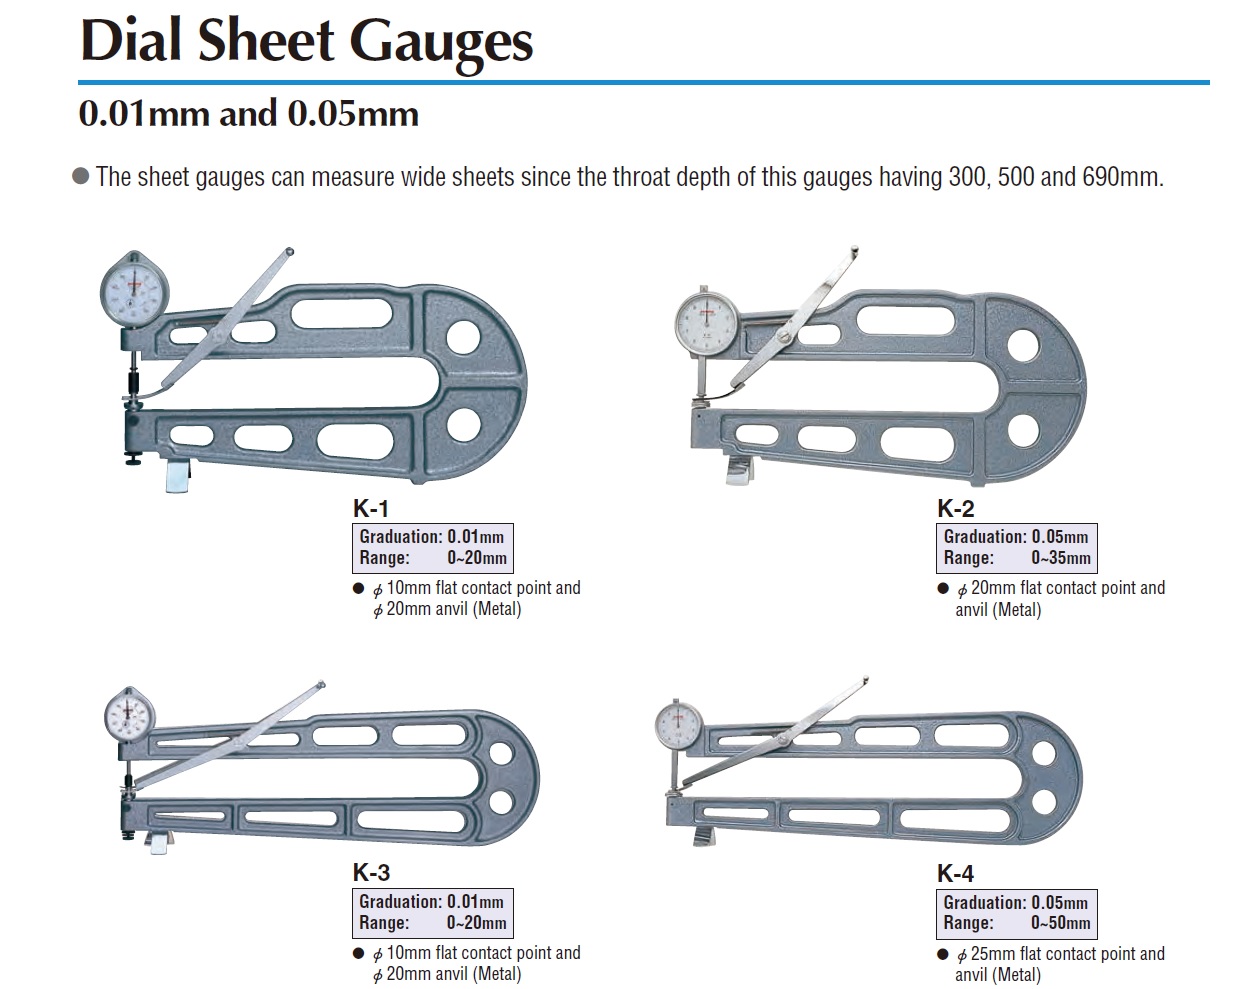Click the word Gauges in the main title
[441, 44]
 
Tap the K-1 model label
[371, 508]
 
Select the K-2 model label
[955, 508]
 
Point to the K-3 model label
[371, 872]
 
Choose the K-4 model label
[955, 873]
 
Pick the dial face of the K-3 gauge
[130, 716]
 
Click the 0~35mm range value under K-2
[1061, 558]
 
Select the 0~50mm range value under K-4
[1061, 923]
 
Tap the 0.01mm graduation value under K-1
[475, 537]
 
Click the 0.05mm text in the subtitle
[353, 114]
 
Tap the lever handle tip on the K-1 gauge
[289, 252]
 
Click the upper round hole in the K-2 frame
[1024, 346]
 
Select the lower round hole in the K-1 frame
[464, 425]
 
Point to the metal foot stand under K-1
[177, 475]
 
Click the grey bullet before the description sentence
[81, 176]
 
